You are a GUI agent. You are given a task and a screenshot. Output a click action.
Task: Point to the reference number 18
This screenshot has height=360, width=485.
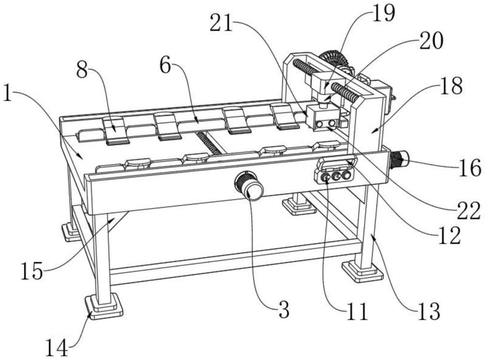[451, 86]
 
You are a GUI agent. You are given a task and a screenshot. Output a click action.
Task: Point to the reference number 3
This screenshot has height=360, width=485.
[284, 310]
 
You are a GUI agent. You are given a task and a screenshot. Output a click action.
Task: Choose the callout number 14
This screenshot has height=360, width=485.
[57, 348]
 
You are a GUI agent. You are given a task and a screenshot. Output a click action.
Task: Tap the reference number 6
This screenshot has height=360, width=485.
[165, 65]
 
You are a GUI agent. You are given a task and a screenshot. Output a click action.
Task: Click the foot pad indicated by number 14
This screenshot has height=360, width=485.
[103, 307]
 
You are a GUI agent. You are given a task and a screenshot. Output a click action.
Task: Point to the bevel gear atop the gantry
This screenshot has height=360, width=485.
[334, 59]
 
